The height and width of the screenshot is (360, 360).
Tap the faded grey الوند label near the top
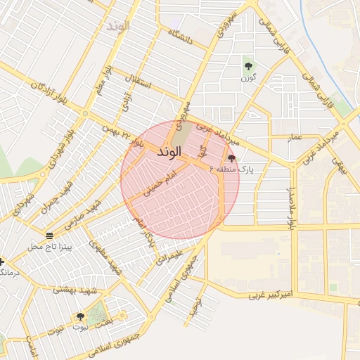[x=117, y=26]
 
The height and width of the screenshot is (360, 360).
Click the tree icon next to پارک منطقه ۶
[x=232, y=158]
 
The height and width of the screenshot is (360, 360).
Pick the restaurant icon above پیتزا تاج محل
[x=49, y=236]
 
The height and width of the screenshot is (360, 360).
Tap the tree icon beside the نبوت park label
[x=79, y=316]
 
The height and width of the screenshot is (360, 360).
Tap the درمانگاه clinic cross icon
[x=2, y=262]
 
